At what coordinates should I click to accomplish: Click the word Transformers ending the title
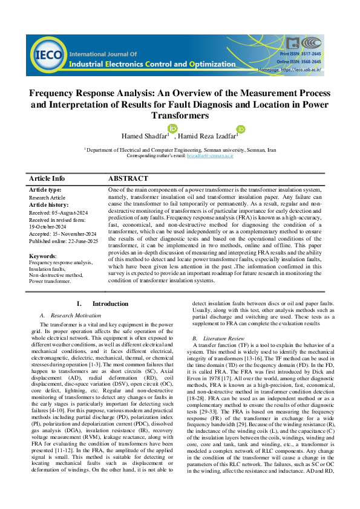[x=179, y=115]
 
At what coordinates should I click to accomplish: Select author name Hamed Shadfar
[x=146, y=135]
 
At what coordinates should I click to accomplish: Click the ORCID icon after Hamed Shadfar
[x=172, y=128]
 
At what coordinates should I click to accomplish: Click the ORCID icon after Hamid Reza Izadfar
[x=241, y=129]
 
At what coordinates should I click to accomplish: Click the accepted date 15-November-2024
[x=64, y=234]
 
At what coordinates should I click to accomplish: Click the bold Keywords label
[x=42, y=256]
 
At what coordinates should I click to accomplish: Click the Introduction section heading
[x=110, y=303]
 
